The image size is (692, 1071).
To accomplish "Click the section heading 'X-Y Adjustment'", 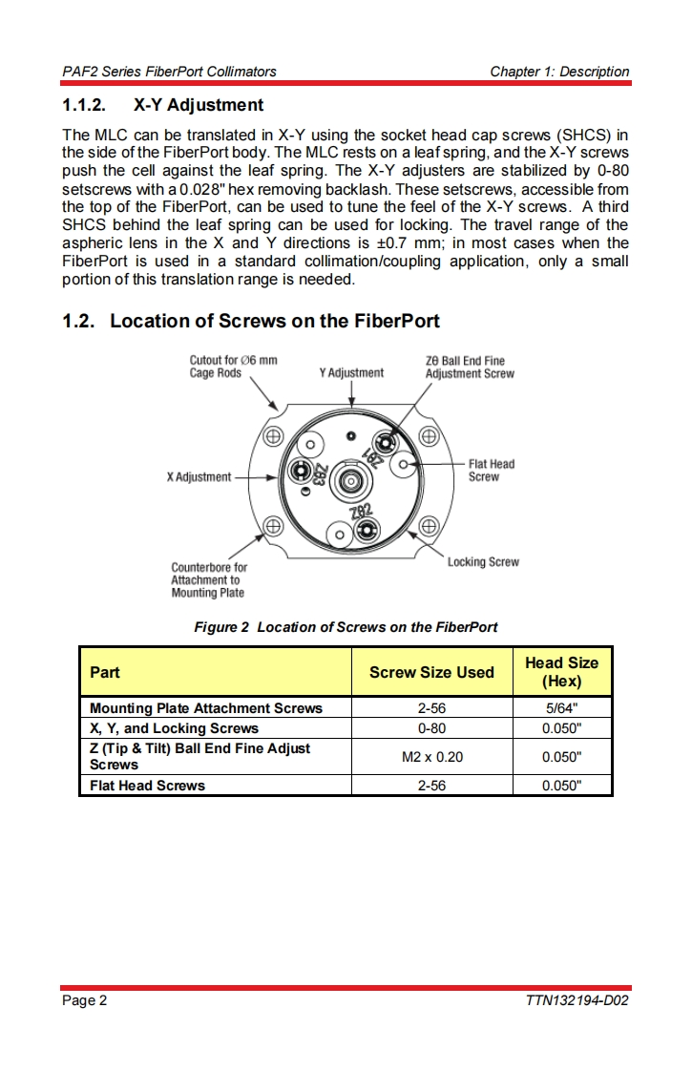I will pos(199,104).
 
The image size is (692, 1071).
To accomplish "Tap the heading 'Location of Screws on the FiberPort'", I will pos(275,321).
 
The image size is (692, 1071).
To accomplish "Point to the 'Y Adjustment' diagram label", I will pos(351,373).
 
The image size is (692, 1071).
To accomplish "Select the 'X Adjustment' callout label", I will pos(199,476).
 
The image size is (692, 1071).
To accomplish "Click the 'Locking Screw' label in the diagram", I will pos(483,562).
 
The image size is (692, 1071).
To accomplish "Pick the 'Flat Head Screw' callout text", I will pos(491,471).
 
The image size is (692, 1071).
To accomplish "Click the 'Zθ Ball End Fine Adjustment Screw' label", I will pos(469,367).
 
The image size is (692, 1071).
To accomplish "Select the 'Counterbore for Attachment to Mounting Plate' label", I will pos(208,579).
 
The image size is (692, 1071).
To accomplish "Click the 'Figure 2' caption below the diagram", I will pos(346,627).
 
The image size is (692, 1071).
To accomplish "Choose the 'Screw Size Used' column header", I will pos(431,672).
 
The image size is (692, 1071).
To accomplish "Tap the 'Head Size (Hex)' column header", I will pos(561,672).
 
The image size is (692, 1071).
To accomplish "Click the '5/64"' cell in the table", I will pos(561,708).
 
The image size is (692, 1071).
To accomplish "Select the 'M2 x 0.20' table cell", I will pos(431,757).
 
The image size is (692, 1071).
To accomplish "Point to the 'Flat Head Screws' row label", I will pos(147,786).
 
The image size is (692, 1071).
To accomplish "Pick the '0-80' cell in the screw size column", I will pos(431,728).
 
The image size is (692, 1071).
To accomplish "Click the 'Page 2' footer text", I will pos(85,1000).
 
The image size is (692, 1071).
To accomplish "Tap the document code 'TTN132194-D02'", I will pos(577,1000).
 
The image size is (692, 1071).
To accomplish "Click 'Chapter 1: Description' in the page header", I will pos(559,72).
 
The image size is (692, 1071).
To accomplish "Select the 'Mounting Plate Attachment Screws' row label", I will pos(206,708).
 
